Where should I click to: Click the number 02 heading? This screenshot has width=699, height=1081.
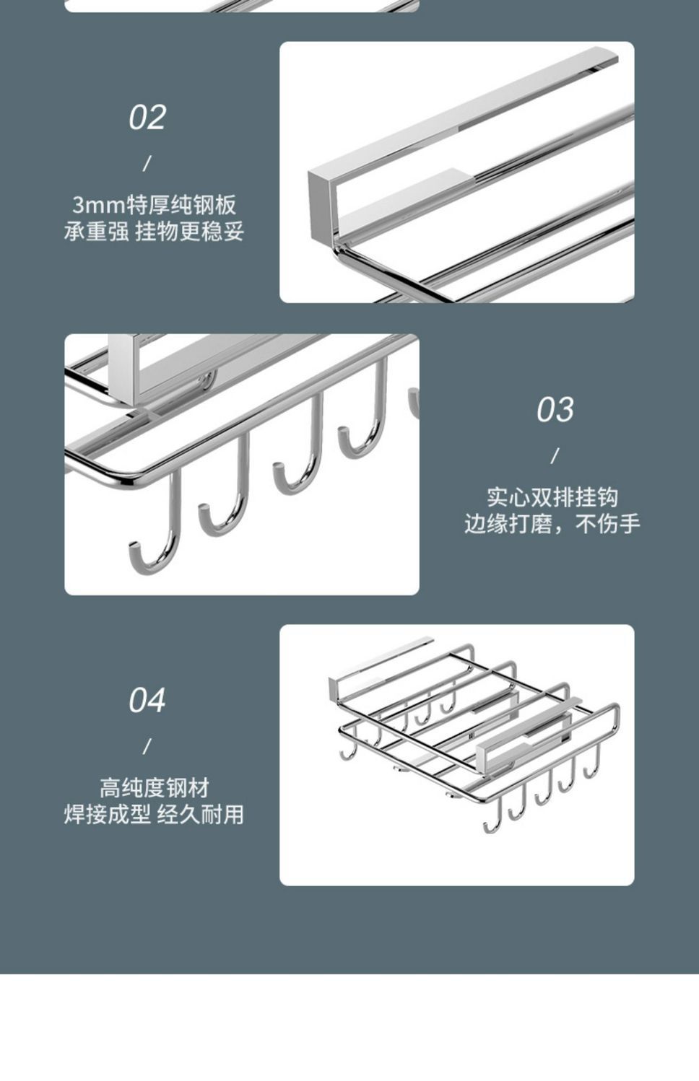[147, 118]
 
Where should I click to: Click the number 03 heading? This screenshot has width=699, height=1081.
[555, 410]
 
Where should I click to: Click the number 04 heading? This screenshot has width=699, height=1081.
[147, 701]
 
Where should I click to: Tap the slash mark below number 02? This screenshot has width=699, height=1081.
[147, 164]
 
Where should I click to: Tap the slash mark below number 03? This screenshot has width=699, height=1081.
[555, 456]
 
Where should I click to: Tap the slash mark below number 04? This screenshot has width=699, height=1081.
[147, 746]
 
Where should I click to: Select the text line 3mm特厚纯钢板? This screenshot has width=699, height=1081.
[154, 205]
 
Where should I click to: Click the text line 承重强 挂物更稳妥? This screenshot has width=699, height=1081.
[154, 232]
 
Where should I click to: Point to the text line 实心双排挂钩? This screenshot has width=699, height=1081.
[552, 497]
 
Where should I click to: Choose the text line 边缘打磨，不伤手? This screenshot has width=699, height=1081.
[552, 524]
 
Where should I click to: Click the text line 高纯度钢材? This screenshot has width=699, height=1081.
[154, 788]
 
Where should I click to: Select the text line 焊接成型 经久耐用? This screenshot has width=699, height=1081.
[154, 815]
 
